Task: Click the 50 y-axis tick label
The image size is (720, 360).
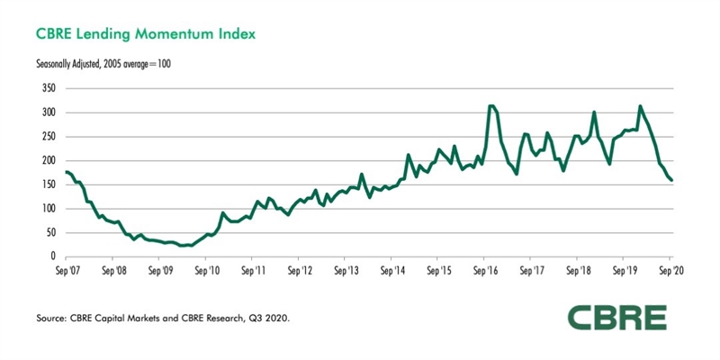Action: click(x=51, y=232)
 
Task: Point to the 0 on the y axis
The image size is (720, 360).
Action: click(x=54, y=256)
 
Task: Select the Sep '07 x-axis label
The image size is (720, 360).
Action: click(x=67, y=269)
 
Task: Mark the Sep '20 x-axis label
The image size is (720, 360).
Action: click(x=670, y=269)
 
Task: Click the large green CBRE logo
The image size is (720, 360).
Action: click(x=616, y=319)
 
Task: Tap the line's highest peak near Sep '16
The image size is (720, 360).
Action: click(x=490, y=106)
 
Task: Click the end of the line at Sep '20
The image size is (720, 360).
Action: click(x=671, y=180)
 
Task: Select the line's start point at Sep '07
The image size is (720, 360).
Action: click(x=67, y=172)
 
